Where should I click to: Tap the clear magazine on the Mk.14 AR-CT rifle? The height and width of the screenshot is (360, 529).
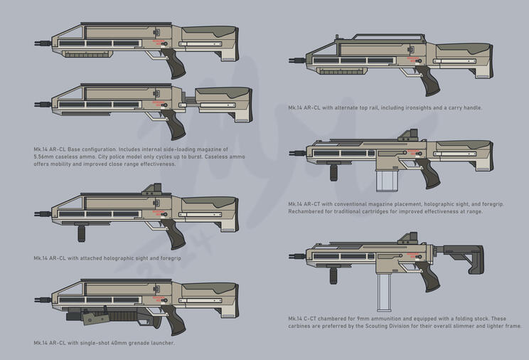click(384, 181)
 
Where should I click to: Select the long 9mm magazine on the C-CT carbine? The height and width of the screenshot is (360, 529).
click(384, 292)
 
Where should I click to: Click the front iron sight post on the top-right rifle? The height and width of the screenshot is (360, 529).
click(337, 37)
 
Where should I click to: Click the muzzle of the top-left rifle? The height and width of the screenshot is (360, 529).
click(43, 43)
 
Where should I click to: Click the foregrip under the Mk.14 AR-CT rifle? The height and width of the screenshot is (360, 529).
click(333, 172)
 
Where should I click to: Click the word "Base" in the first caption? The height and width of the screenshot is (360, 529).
click(73, 149)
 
